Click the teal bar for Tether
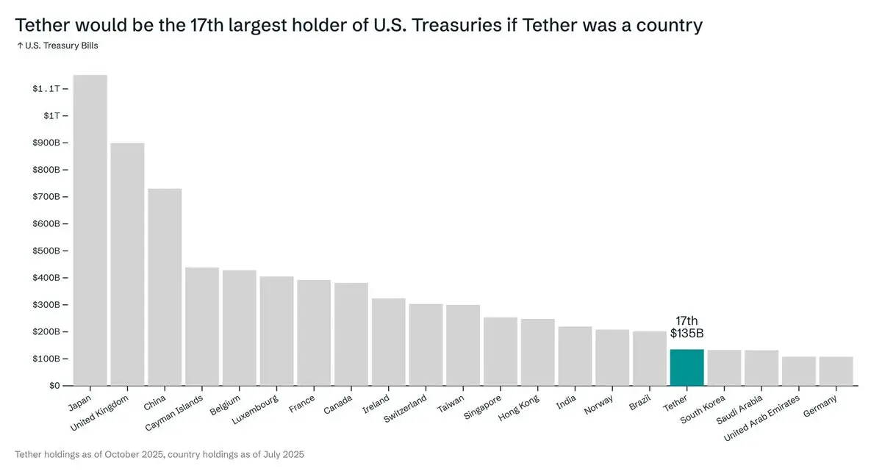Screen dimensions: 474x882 (x=686, y=367)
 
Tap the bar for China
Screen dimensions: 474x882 (x=165, y=287)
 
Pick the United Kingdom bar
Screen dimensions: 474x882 (x=127, y=265)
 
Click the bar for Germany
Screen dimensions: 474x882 (x=836, y=371)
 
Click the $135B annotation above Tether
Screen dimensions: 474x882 (x=686, y=333)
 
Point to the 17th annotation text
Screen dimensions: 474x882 (x=686, y=320)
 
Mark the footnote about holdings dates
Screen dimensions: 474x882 (x=159, y=455)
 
